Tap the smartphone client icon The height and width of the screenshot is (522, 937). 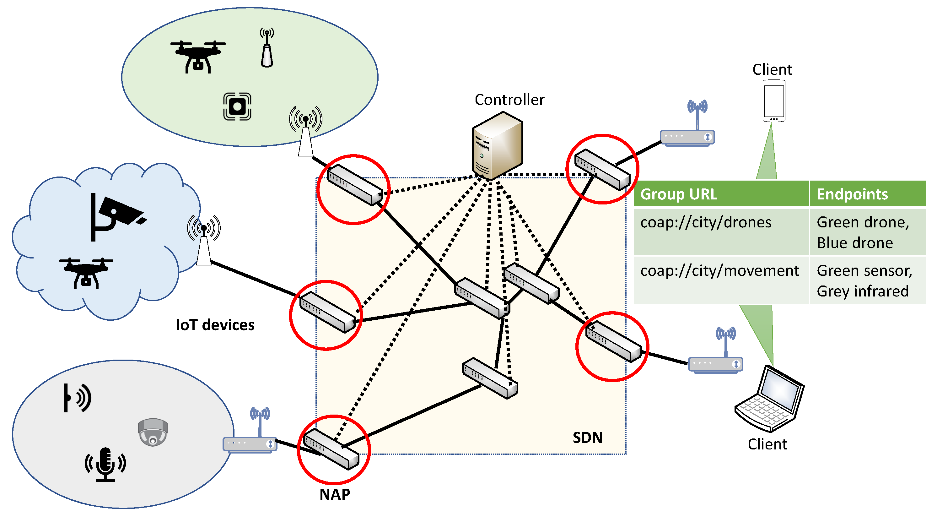[774, 101]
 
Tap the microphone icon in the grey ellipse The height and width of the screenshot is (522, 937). [105, 464]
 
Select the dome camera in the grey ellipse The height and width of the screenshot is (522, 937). [153, 432]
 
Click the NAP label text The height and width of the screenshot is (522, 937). [335, 494]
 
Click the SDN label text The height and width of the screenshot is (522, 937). [587, 437]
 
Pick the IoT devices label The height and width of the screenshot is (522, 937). [215, 325]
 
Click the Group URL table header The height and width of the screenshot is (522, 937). [678, 194]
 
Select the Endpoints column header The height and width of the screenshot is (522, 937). [852, 194]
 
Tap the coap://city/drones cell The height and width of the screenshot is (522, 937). [705, 222]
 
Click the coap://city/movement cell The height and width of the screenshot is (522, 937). [719, 271]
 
